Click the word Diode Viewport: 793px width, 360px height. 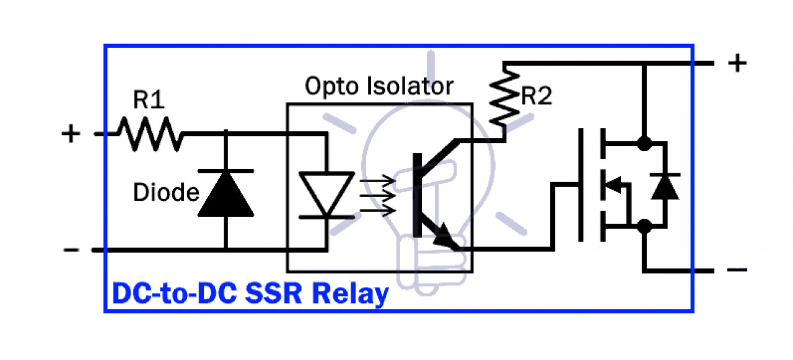[x=165, y=193]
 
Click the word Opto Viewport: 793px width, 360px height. [x=334, y=86]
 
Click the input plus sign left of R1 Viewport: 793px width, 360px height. [x=72, y=134]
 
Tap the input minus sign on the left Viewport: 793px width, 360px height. [x=71, y=250]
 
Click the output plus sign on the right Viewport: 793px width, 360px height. [x=737, y=63]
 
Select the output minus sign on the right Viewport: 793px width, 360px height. [x=737, y=270]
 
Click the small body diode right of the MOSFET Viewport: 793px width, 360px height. [x=665, y=185]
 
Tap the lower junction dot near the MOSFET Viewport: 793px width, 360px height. [x=644, y=226]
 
